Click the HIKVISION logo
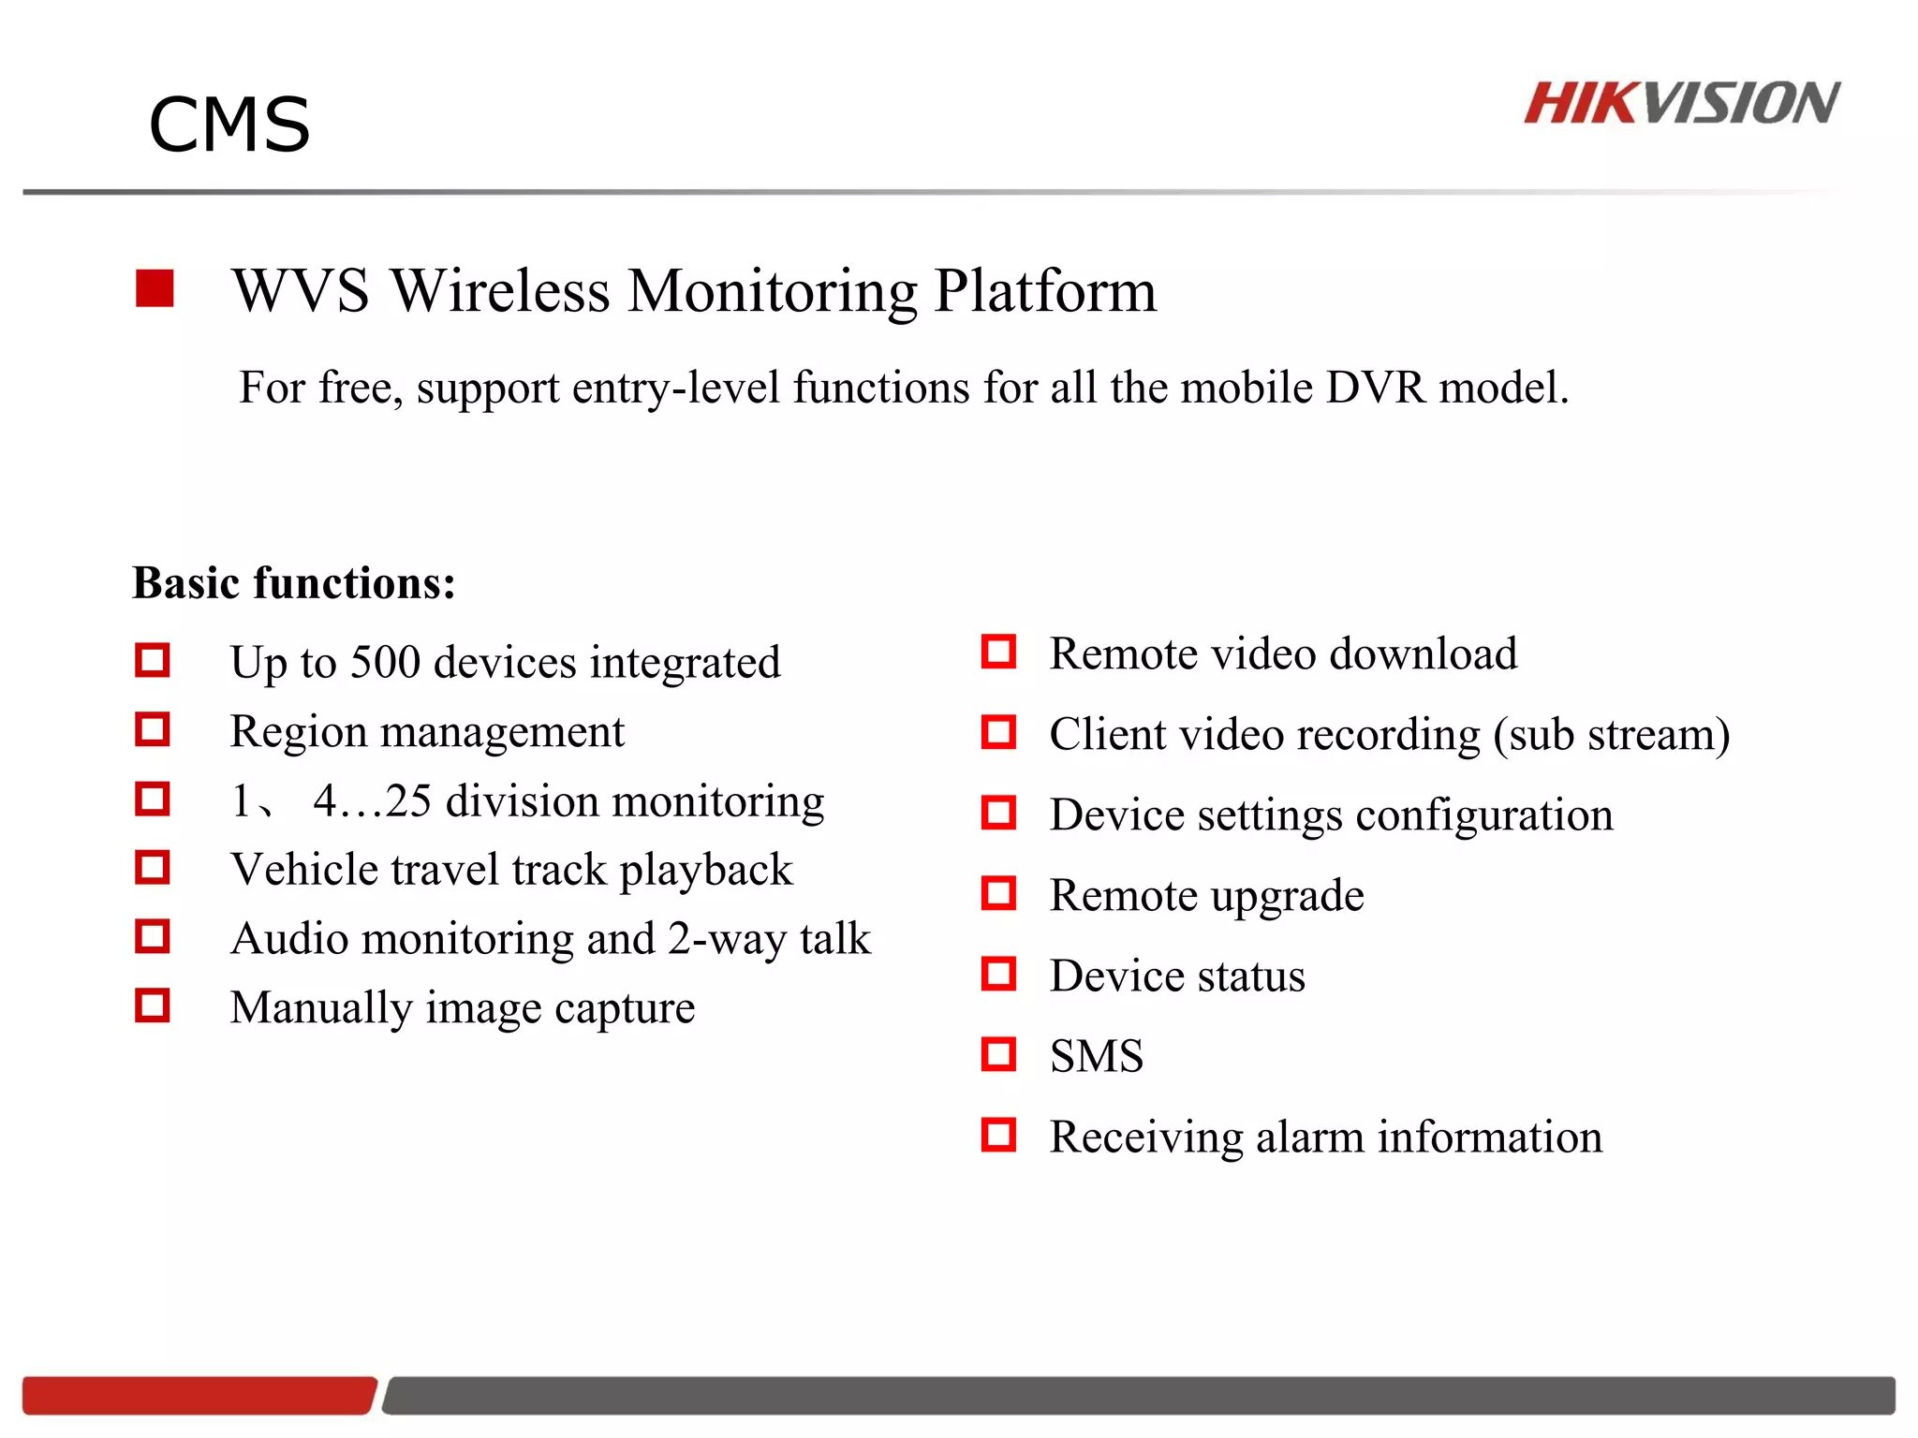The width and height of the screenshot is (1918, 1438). click(1681, 103)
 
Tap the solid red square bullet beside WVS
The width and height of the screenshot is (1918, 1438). click(155, 288)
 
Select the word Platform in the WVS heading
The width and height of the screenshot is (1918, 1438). click(1045, 291)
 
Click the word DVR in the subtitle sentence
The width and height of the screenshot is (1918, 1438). click(1376, 388)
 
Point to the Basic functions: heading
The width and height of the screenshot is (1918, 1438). click(294, 583)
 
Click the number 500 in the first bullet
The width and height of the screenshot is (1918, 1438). click(385, 662)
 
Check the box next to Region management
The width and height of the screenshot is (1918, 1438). click(153, 730)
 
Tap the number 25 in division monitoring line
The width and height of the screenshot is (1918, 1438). click(408, 801)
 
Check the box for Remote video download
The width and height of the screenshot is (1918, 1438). click(998, 652)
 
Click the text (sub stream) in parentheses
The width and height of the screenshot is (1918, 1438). click(1611, 735)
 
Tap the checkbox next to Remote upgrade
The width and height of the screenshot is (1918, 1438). click(998, 893)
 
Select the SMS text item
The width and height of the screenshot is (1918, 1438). click(1096, 1057)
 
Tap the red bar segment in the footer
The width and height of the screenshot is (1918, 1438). click(199, 1395)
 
